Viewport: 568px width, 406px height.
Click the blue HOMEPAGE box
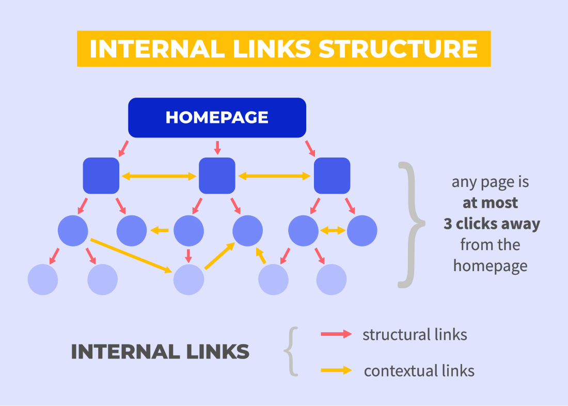[x=217, y=117]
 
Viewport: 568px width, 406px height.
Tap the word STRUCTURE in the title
[x=399, y=49]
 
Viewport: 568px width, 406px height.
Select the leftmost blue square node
[x=101, y=176]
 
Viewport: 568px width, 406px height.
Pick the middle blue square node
[x=217, y=176]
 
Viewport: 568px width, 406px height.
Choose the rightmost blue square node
[x=332, y=176]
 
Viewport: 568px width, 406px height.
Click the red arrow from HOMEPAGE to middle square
[x=217, y=148]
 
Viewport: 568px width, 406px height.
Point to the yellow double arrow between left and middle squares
[x=159, y=177]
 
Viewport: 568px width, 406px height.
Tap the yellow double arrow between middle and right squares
[x=274, y=176]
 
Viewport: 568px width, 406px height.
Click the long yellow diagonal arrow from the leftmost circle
[x=131, y=256]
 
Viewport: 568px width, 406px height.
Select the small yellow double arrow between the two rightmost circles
[x=333, y=230]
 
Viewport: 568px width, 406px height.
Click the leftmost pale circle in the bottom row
[x=43, y=279]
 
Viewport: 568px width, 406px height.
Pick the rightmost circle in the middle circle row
[x=362, y=230]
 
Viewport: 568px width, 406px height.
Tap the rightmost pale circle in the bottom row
[x=331, y=279]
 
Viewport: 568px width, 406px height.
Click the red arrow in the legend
[x=336, y=334]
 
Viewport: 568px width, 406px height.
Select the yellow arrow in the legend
[x=336, y=370]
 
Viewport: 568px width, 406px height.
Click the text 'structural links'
[x=415, y=335]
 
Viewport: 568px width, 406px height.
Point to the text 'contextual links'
[x=419, y=371]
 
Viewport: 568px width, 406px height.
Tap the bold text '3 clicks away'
[x=492, y=224]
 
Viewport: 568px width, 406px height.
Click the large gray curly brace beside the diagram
[x=412, y=225]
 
